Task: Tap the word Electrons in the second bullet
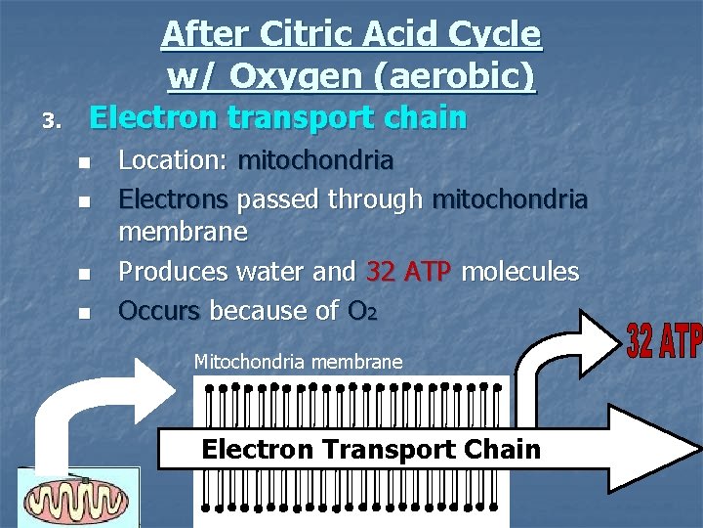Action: point(173,199)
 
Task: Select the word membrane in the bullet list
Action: point(184,232)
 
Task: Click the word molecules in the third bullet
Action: point(519,271)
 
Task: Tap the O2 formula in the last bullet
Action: point(359,311)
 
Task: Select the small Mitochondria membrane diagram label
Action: point(298,362)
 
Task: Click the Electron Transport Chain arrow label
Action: point(370,450)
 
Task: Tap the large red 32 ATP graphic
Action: point(665,341)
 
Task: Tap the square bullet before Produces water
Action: point(84,273)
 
